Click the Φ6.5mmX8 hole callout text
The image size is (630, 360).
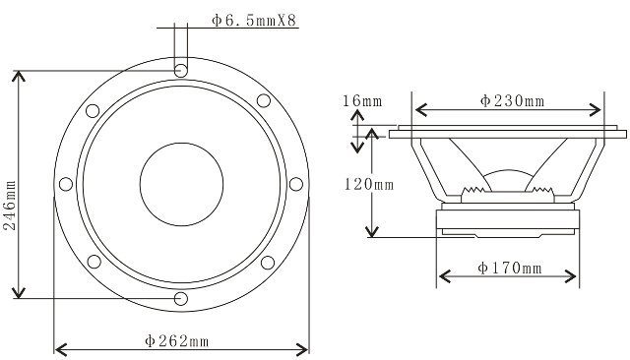255,20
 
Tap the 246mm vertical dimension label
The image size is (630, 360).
10,206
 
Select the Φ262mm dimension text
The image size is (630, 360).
177,341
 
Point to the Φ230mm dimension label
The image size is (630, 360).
512,100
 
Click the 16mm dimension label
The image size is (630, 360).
362,100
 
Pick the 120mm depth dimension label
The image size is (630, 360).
369,184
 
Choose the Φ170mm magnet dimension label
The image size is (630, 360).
510,268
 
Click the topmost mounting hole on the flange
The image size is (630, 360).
181,70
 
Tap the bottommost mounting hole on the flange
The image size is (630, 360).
181,299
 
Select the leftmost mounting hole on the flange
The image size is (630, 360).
66,184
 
